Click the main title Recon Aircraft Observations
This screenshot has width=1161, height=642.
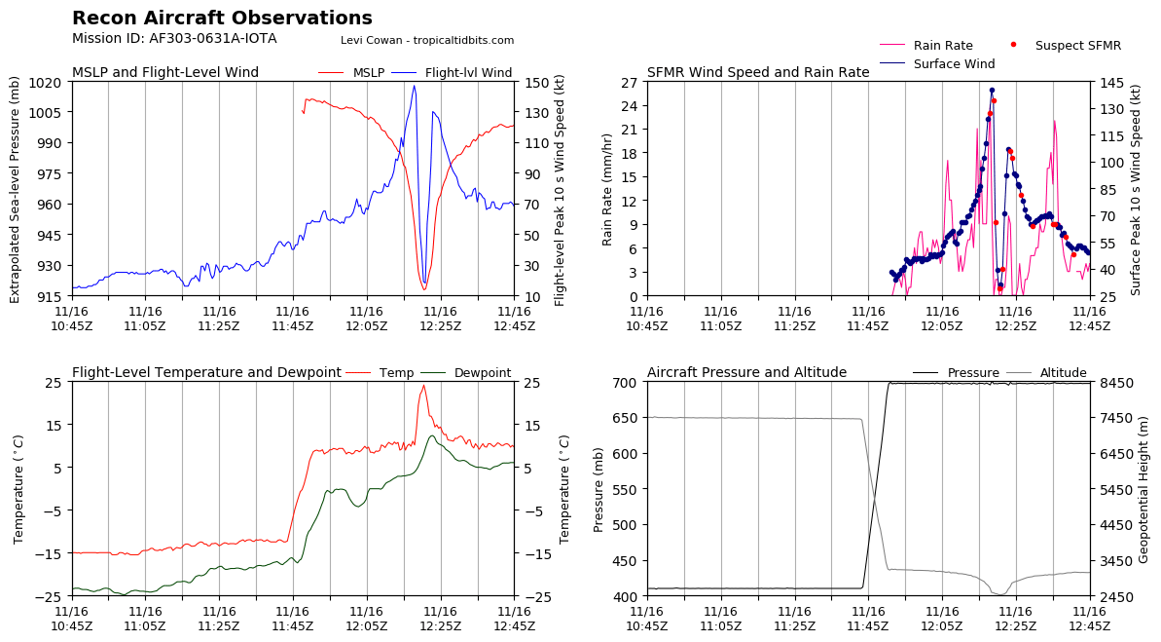[x=222, y=18]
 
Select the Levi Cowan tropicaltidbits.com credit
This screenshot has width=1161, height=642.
[x=427, y=41]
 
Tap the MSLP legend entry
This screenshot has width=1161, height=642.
[x=351, y=73]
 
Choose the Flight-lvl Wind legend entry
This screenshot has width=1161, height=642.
[x=452, y=73]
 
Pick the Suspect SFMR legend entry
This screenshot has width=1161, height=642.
[x=1067, y=45]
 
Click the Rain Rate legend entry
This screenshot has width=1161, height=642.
[x=926, y=45]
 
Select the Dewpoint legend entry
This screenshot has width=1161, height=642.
[x=466, y=373]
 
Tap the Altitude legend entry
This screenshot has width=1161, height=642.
[x=1045, y=373]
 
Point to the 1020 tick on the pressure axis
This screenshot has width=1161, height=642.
[x=45, y=82]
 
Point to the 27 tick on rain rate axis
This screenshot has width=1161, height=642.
[x=630, y=82]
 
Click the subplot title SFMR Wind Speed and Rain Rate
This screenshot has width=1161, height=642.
[x=758, y=73]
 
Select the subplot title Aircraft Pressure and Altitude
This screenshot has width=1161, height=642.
[x=747, y=373]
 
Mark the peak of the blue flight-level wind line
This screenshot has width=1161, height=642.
[x=414, y=86]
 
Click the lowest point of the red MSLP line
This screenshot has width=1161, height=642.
[x=424, y=289]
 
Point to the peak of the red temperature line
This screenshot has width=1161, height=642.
[x=423, y=386]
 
